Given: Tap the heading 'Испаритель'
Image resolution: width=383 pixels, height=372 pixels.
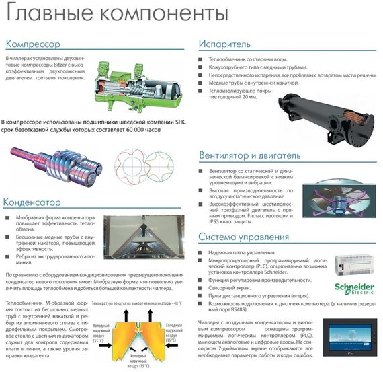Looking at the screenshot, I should pyautogui.click(x=224, y=44).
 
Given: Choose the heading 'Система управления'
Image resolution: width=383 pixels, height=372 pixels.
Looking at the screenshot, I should pyautogui.click(x=243, y=237).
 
